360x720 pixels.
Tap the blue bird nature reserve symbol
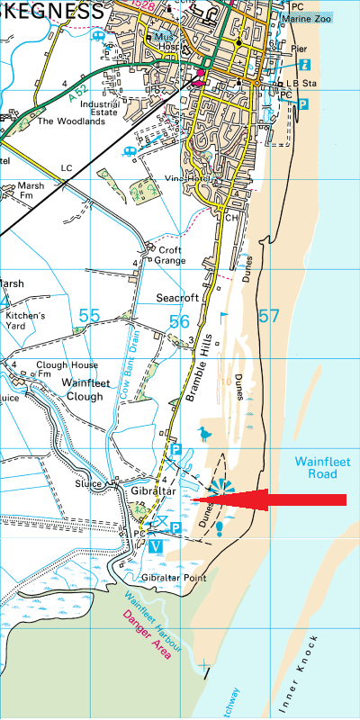click(x=207, y=435)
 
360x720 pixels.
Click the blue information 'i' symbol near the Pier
click(x=303, y=65)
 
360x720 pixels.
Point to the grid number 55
click(x=89, y=316)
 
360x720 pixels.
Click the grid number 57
click(x=268, y=316)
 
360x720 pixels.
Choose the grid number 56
click(x=178, y=321)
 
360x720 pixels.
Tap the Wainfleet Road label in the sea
click(x=315, y=467)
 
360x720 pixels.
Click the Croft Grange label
click(x=171, y=255)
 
